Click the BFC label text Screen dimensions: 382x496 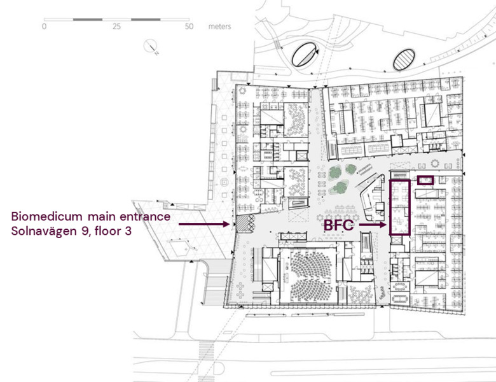pyautogui.click(x=340, y=225)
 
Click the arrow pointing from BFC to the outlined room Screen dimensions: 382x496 pyautogui.click(x=373, y=225)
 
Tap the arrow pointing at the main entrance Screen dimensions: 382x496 pyautogui.click(x=203, y=224)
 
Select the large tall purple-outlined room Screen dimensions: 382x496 pyautogui.click(x=399, y=208)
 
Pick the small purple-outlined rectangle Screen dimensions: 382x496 pyautogui.click(x=425, y=180)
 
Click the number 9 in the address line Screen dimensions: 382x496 pyautogui.click(x=88, y=232)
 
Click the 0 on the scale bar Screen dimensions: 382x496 pyautogui.click(x=44, y=27)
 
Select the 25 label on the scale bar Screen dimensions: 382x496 pyautogui.click(x=117, y=27)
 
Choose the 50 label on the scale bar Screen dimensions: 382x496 pyautogui.click(x=189, y=27)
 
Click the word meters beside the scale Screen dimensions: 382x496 pyautogui.click(x=219, y=27)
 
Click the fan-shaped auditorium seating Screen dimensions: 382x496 pyautogui.click(x=308, y=270)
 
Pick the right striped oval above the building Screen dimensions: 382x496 pyautogui.click(x=403, y=60)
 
